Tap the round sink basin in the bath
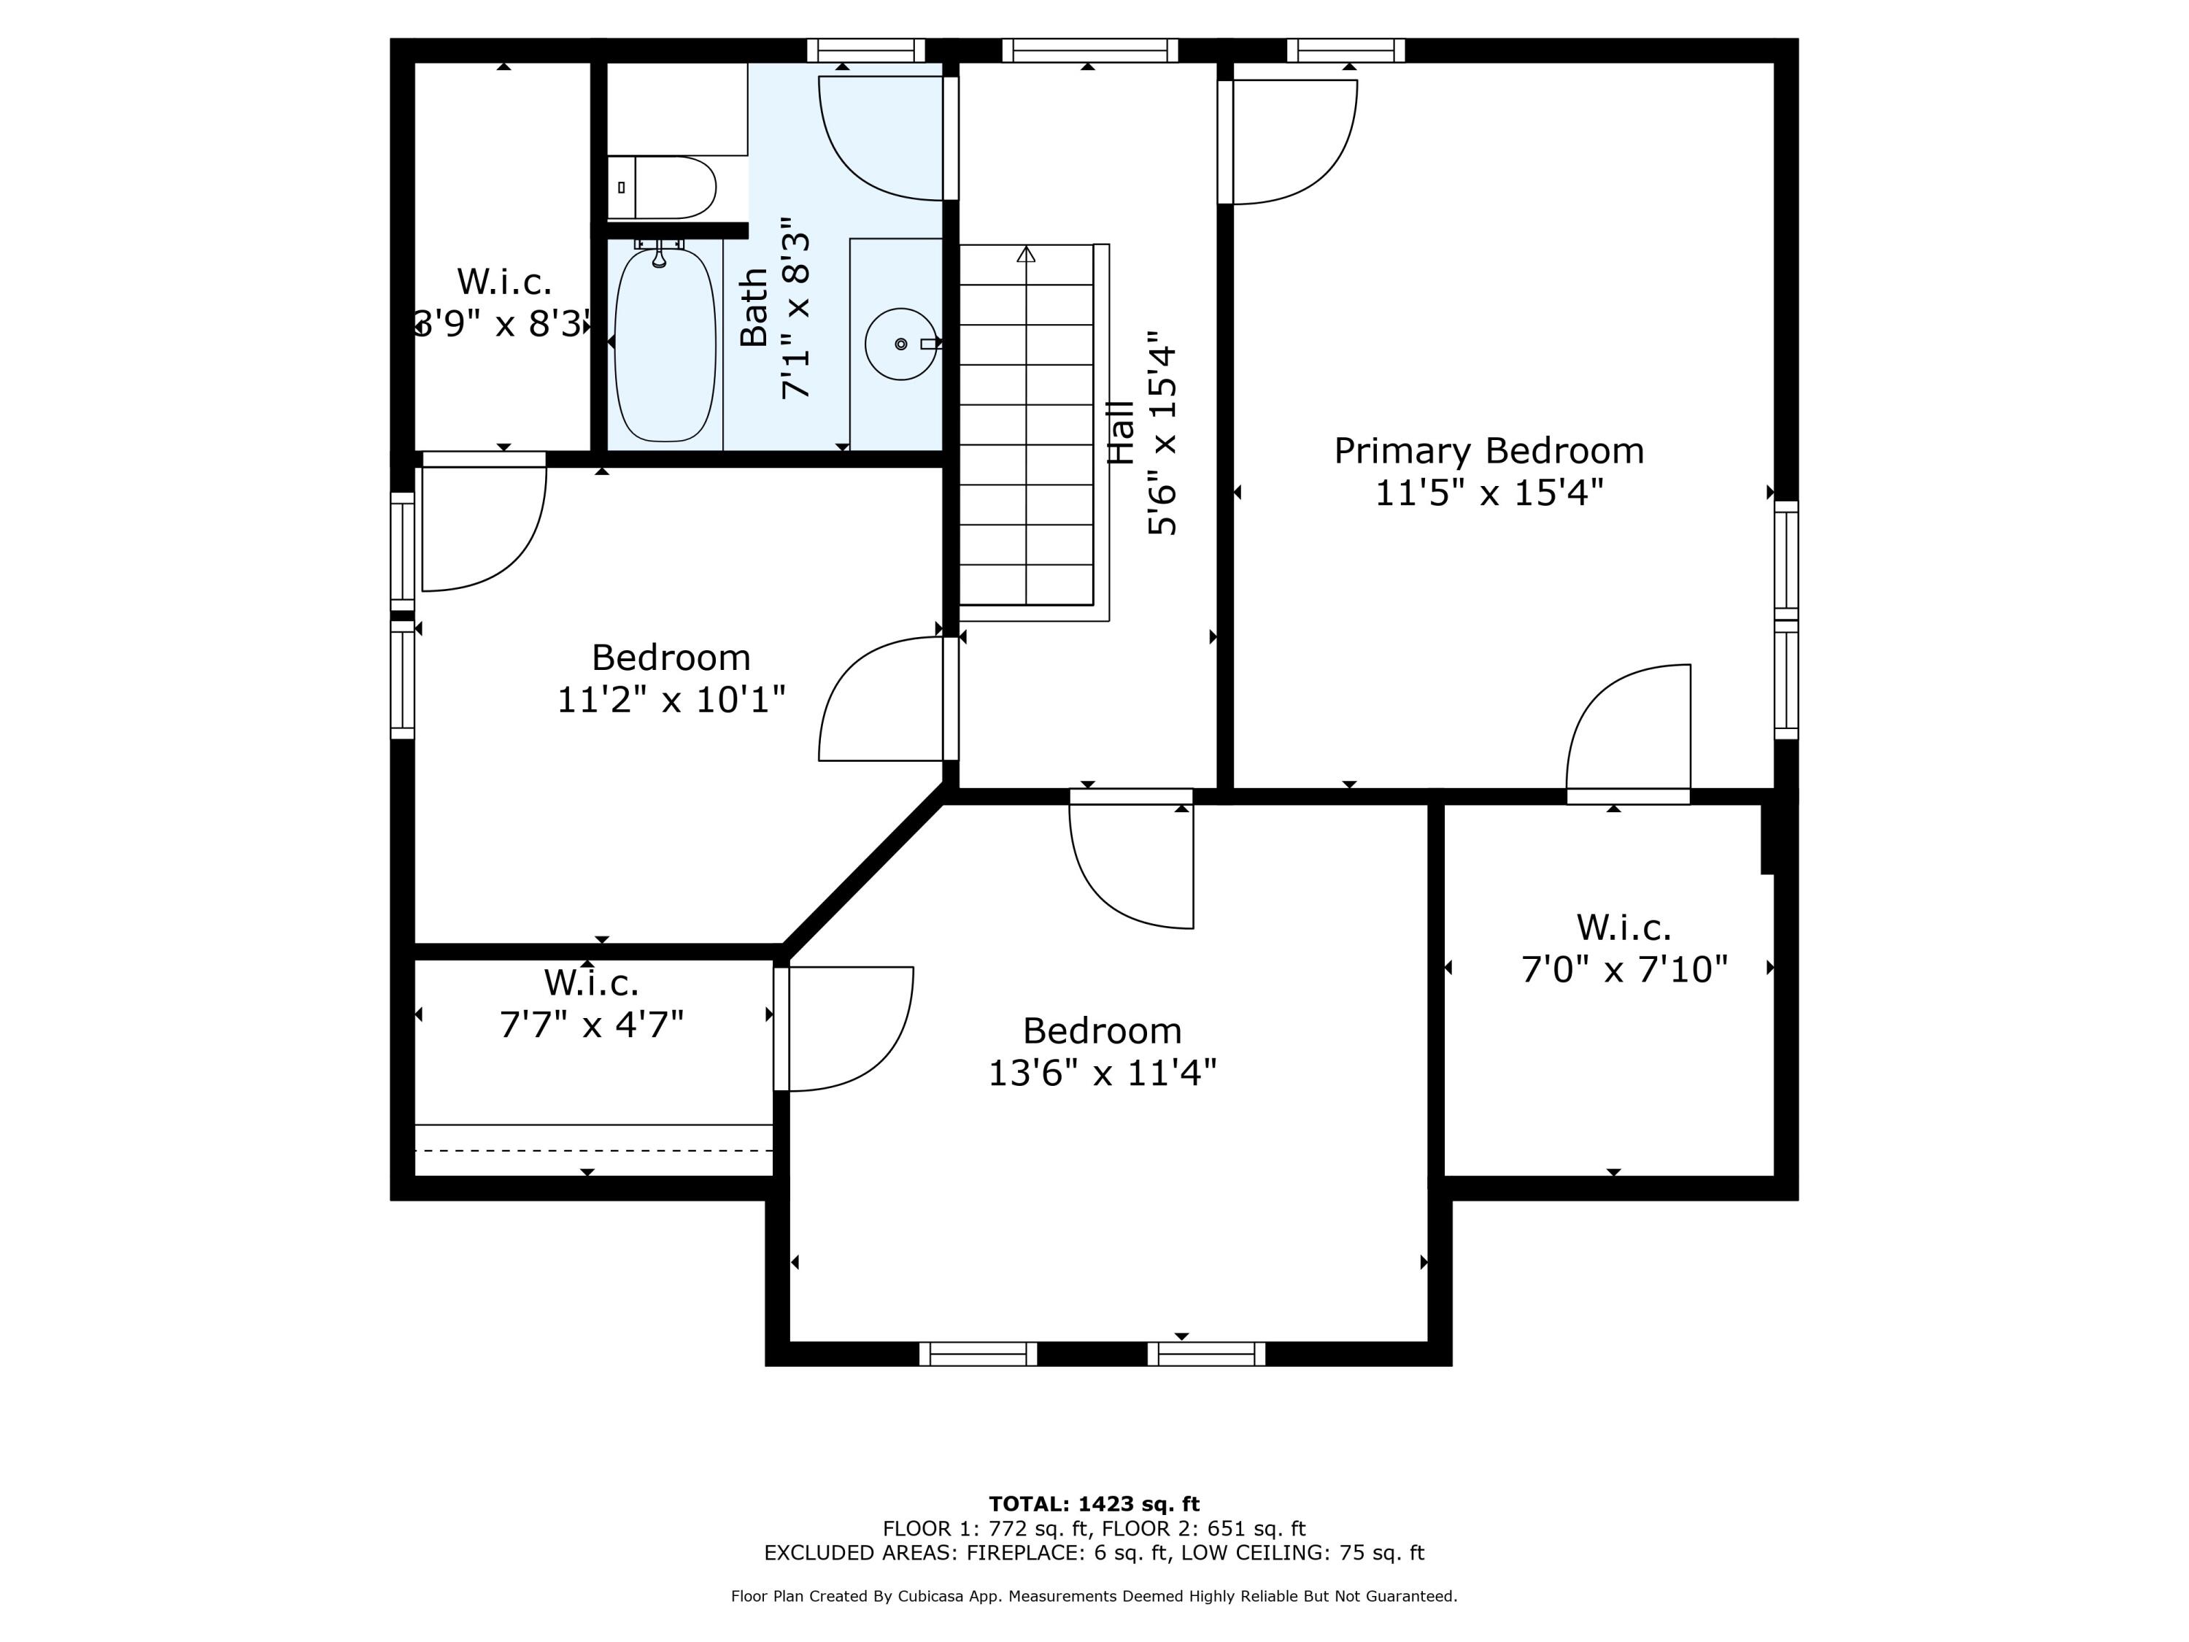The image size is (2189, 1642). (x=900, y=344)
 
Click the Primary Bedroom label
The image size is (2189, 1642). (x=1489, y=450)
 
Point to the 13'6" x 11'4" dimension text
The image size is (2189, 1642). (x=1103, y=1072)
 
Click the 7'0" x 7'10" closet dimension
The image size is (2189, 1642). (x=1624, y=969)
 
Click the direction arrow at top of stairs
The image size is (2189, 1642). (x=1026, y=255)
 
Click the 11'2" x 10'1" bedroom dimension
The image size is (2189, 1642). (x=671, y=700)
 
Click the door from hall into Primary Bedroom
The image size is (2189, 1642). (x=1286, y=142)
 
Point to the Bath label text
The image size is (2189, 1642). (x=754, y=308)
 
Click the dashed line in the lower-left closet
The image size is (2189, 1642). (x=592, y=1151)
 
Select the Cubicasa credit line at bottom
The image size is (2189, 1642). (x=1094, y=1597)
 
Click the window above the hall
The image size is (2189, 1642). (x=1089, y=50)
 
